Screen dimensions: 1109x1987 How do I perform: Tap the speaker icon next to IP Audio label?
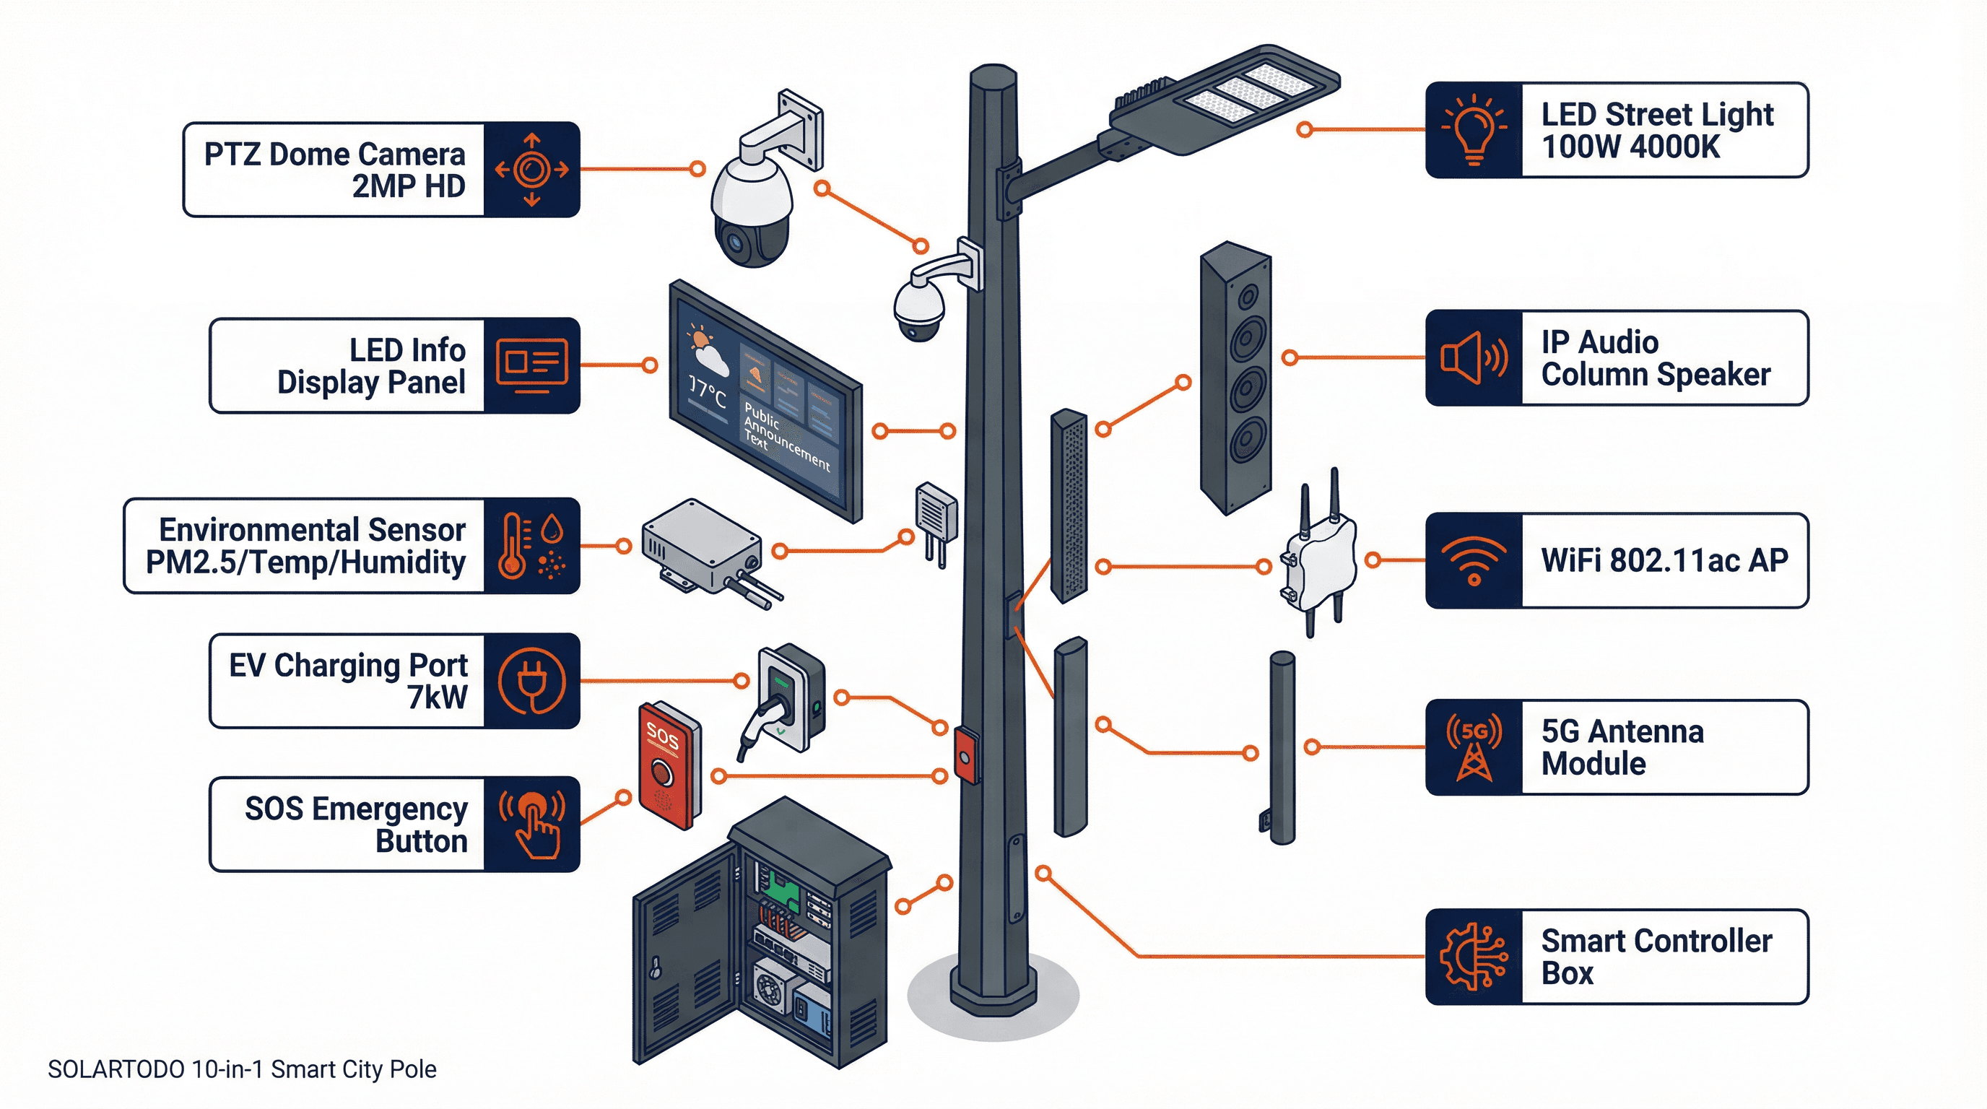click(x=1473, y=358)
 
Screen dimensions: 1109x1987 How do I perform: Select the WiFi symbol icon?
click(x=1473, y=561)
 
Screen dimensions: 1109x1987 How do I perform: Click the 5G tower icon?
click(x=1473, y=747)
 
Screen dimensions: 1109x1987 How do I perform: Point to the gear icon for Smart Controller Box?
click(x=1473, y=957)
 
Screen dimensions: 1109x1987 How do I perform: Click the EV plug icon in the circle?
click(x=531, y=682)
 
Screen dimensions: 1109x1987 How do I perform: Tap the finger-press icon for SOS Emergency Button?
click(x=532, y=825)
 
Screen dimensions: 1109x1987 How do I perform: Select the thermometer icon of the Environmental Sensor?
click(x=512, y=546)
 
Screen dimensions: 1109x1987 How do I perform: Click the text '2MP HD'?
click(x=408, y=186)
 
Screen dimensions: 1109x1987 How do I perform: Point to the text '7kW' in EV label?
click(x=438, y=697)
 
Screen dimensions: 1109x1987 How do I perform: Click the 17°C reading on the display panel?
click(x=707, y=393)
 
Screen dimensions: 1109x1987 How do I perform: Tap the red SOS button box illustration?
click(x=668, y=763)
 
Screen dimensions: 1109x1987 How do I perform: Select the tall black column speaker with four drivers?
click(x=1235, y=378)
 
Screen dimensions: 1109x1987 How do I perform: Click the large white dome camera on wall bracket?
click(x=752, y=208)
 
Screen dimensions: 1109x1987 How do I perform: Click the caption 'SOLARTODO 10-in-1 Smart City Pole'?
click(x=241, y=1070)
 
